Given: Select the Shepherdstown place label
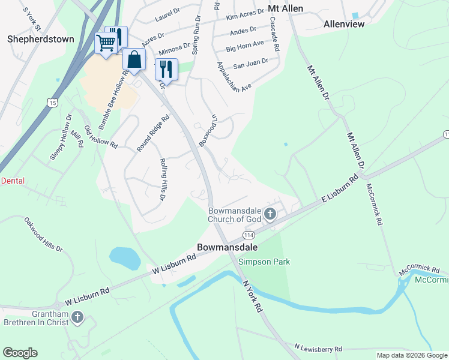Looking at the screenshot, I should click(x=41, y=39).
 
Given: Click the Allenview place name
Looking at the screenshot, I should click(x=343, y=25).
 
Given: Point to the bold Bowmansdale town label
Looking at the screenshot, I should click(x=228, y=247).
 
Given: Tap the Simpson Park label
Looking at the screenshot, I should click(x=264, y=262).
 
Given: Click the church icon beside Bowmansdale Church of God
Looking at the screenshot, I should click(x=270, y=214).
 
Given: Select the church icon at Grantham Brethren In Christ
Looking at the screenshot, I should click(x=76, y=316).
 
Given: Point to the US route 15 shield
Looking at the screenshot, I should click(x=53, y=103).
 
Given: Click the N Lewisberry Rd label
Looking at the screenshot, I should click(x=318, y=348).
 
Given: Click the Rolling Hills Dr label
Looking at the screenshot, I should click(x=163, y=179).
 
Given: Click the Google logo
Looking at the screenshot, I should click(x=20, y=353).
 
